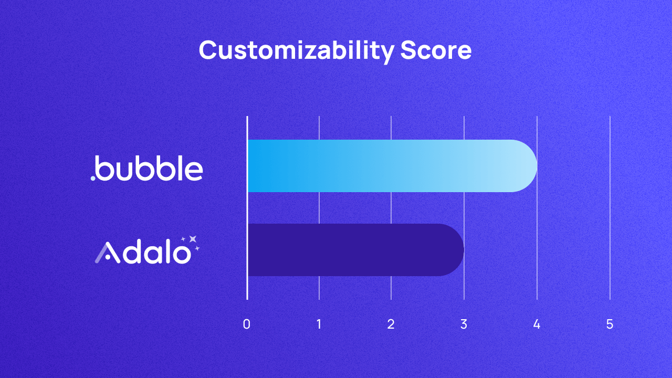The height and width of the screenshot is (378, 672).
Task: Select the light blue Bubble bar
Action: [x=388, y=166]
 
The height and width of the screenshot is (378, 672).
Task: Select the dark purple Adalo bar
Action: [x=352, y=250]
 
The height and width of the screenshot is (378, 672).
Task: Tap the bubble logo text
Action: [x=150, y=168]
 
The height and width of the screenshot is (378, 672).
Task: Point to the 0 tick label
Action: [x=247, y=324]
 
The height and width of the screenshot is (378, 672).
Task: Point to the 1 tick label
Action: [x=319, y=324]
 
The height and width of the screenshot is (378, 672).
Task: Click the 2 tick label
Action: [x=391, y=324]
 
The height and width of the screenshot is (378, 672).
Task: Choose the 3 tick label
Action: [x=464, y=324]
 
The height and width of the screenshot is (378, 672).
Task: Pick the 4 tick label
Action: [x=537, y=324]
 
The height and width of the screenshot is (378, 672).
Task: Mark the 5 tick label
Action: [x=610, y=324]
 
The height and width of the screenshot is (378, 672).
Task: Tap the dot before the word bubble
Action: [x=93, y=178]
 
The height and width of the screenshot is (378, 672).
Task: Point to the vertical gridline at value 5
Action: [x=610, y=210]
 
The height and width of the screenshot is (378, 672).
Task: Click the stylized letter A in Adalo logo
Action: [x=106, y=253]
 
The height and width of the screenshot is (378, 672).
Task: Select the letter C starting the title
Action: [x=208, y=51]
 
